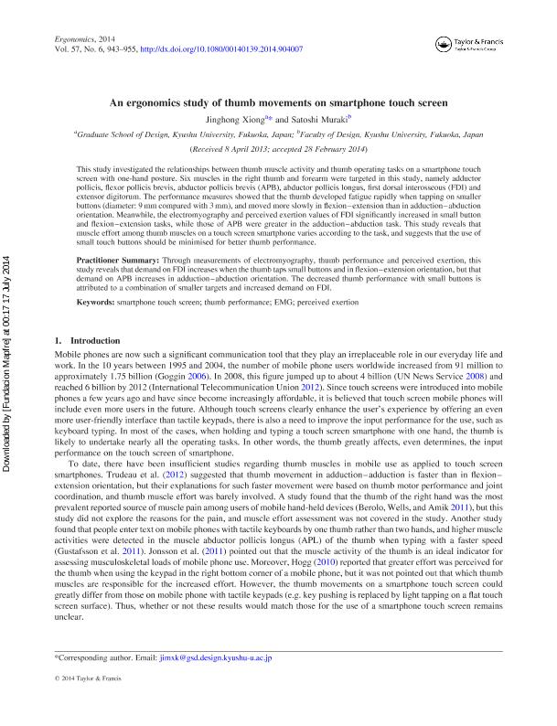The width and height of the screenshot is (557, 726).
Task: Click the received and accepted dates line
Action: click(278, 147)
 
